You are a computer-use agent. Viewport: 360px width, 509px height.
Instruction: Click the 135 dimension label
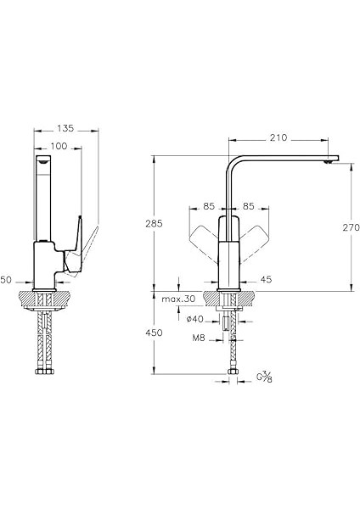65,129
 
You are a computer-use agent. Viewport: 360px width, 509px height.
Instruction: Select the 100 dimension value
59,147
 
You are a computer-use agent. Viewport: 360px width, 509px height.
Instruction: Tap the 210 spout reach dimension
278,138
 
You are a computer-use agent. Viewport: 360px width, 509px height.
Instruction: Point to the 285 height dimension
154,224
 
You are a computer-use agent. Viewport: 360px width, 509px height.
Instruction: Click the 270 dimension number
351,227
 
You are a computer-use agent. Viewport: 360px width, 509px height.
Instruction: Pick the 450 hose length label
154,333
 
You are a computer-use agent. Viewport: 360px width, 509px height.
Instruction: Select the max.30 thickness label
178,299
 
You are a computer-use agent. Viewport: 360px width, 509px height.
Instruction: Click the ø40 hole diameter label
195,320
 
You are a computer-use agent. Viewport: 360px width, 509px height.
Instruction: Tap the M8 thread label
199,338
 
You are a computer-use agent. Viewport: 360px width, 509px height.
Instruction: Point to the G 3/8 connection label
264,377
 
